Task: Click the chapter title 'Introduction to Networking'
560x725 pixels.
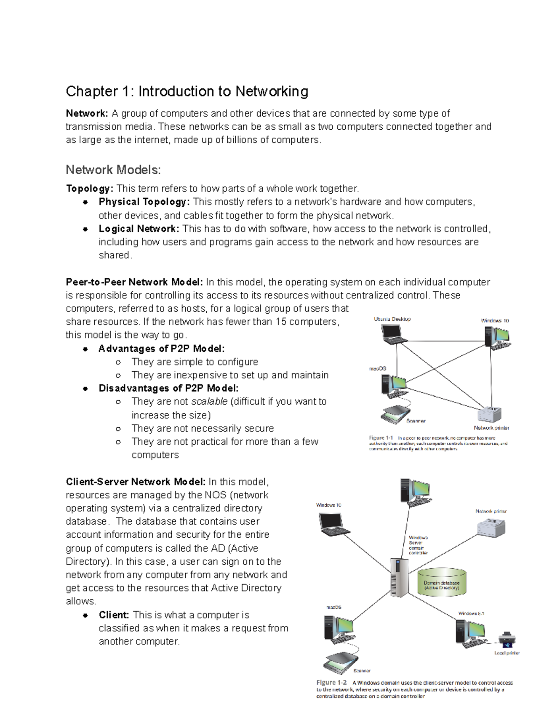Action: [223, 91]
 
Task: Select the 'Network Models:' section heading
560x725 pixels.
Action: [113, 169]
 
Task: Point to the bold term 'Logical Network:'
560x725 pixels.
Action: [139, 229]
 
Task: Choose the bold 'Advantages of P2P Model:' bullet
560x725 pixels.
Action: [161, 349]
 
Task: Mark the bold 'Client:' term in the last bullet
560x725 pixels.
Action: [114, 615]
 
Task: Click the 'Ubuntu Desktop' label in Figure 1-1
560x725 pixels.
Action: [392, 319]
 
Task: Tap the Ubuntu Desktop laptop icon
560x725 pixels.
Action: [392, 334]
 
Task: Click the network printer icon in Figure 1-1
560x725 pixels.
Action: [490, 414]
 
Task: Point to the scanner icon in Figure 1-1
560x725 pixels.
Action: [395, 414]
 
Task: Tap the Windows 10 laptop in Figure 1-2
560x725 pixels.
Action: [334, 524]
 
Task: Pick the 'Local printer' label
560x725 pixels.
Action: [507, 653]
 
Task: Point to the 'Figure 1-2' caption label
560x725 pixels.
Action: [331, 682]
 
